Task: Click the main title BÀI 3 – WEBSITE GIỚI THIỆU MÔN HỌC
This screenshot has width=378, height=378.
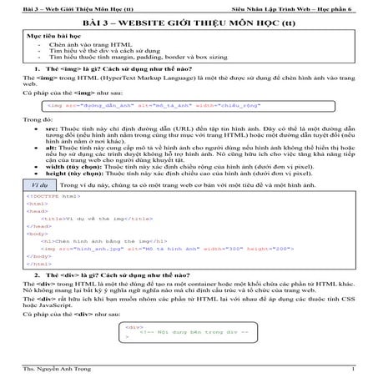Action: (x=189, y=23)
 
